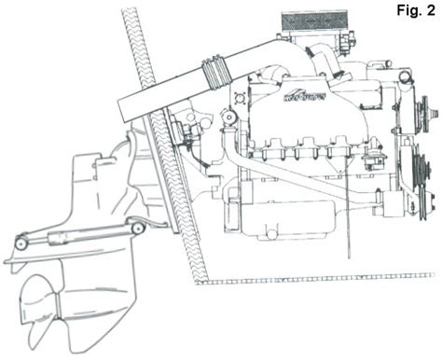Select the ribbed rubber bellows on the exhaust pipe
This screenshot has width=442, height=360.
(x=212, y=71)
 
